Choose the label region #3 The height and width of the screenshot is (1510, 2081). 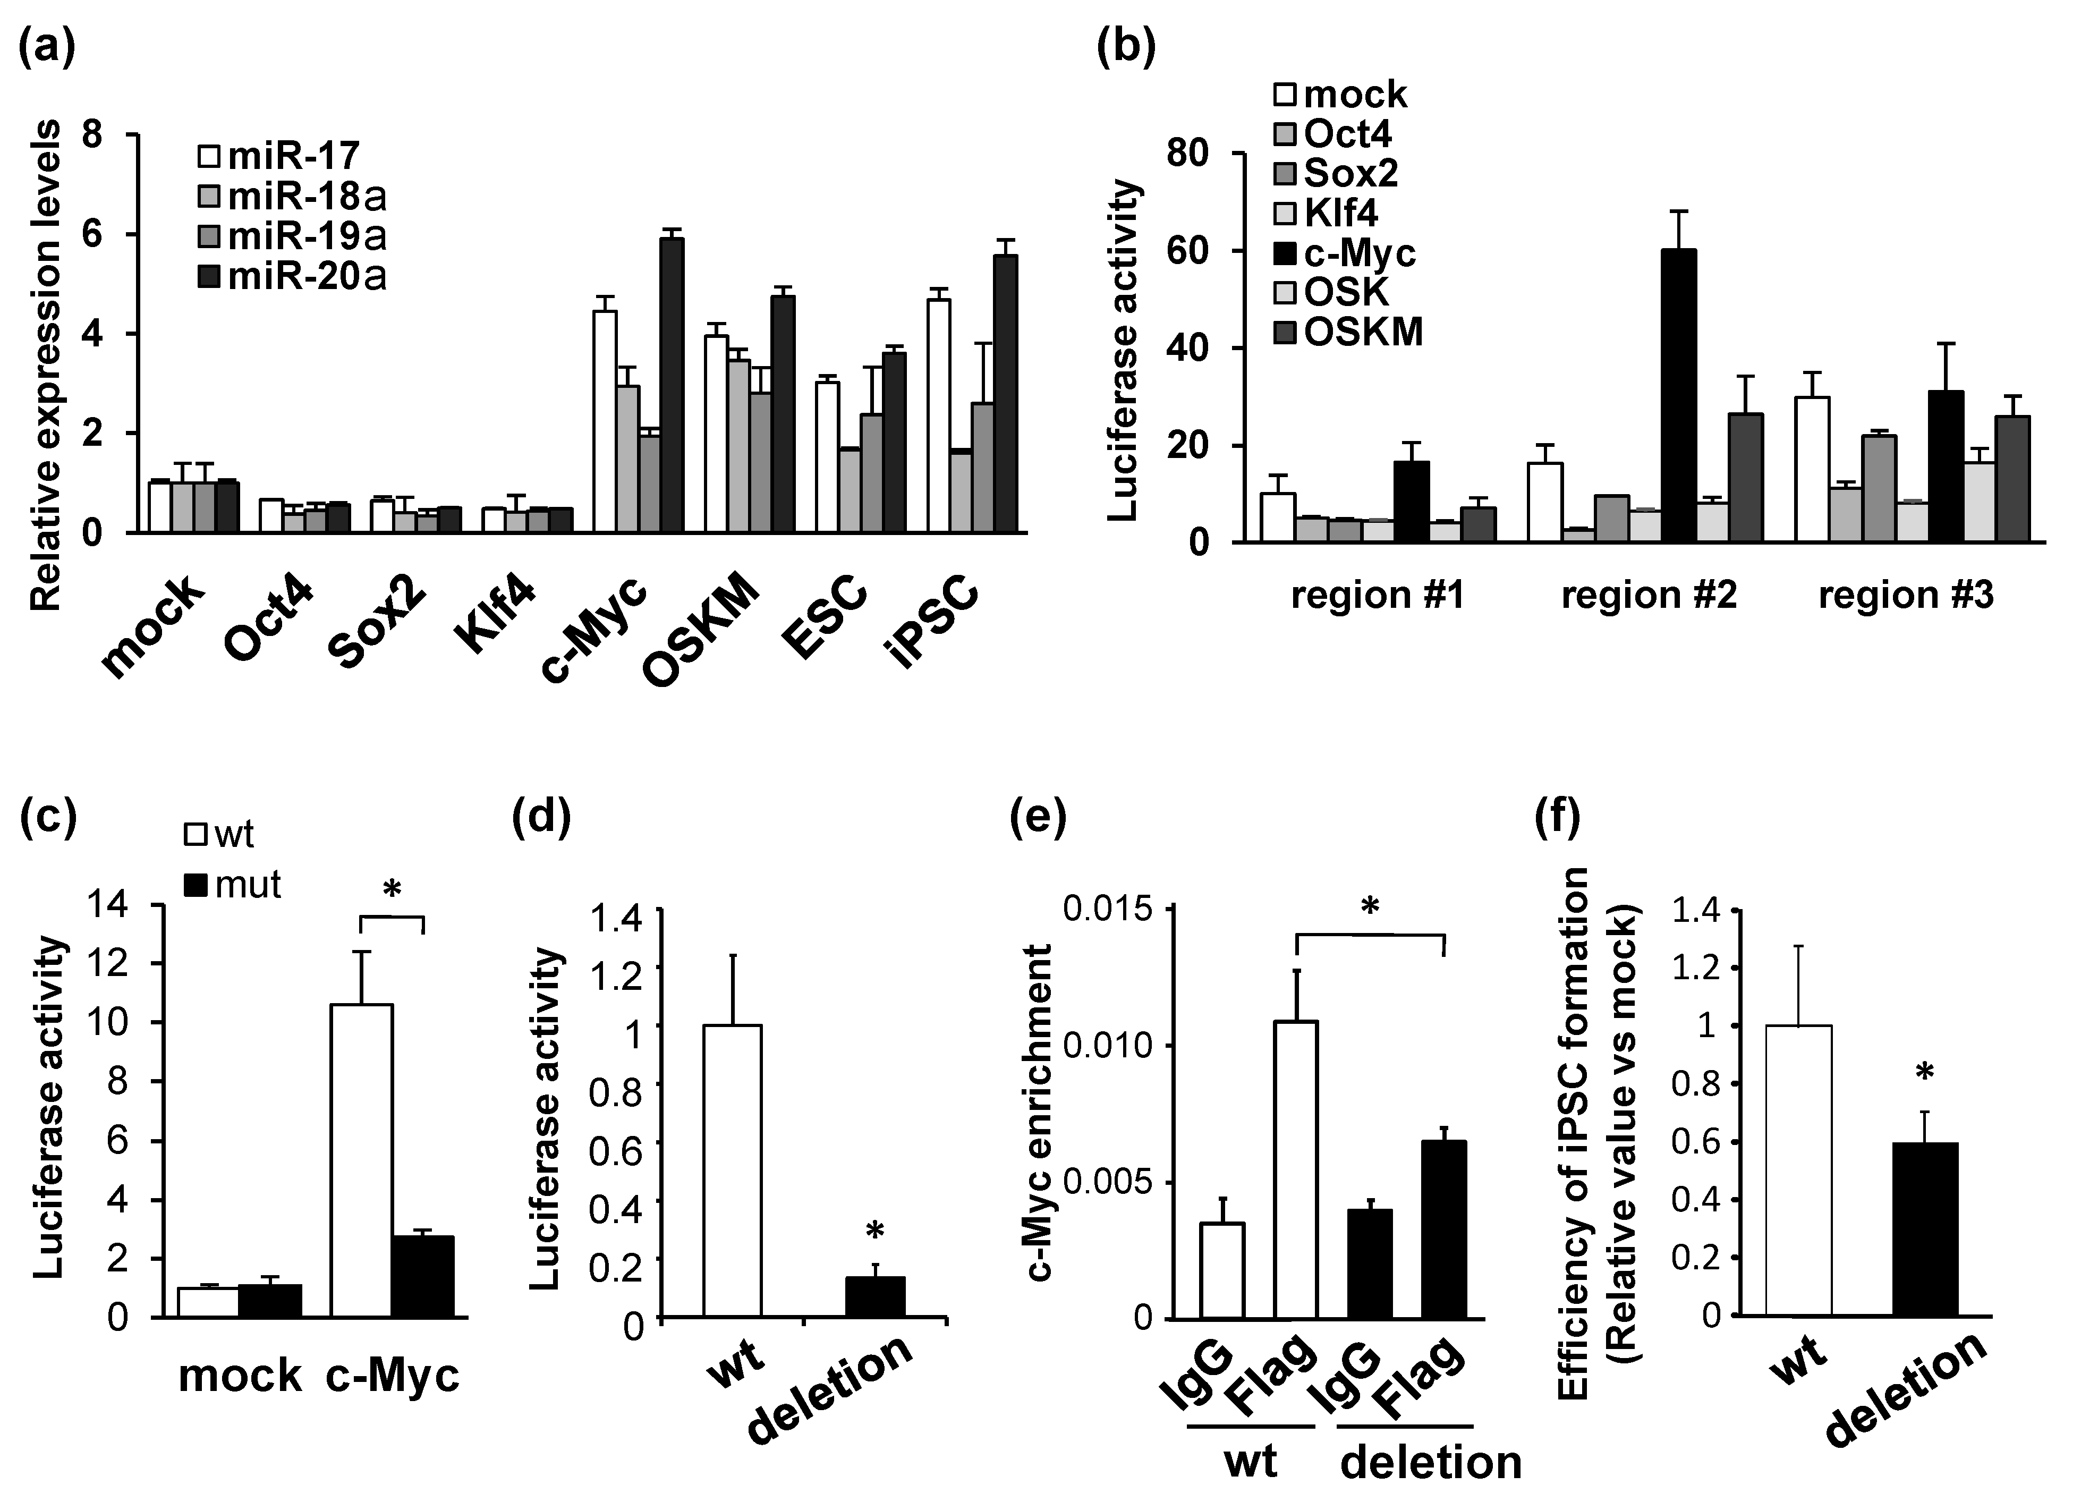(x=1906, y=596)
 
